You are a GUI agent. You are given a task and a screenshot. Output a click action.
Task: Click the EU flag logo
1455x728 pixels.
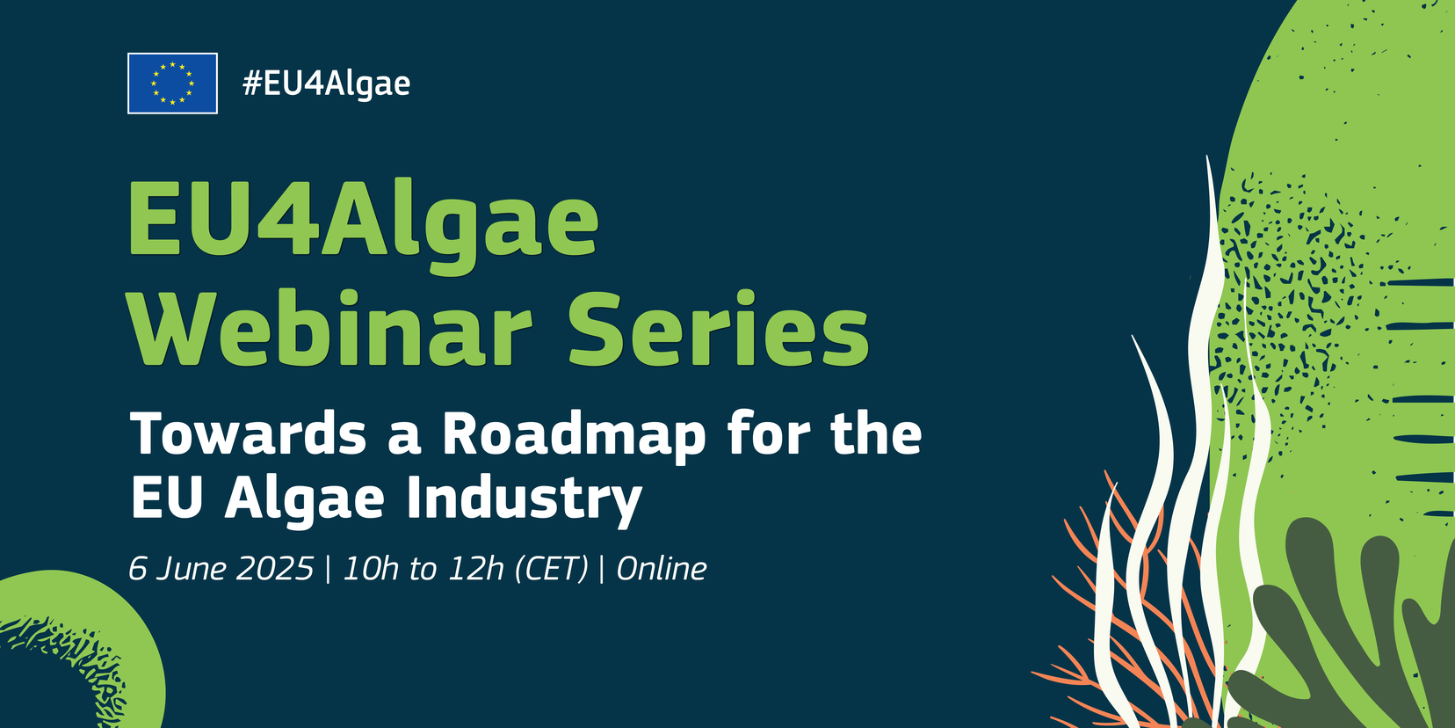tap(172, 84)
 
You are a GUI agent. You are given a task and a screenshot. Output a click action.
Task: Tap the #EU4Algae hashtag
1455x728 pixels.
tap(326, 84)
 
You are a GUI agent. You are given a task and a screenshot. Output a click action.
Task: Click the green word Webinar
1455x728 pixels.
tap(330, 329)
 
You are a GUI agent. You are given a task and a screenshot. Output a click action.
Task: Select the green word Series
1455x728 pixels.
tap(719, 329)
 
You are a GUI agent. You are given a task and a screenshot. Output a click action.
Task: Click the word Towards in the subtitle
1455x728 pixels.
tap(248, 433)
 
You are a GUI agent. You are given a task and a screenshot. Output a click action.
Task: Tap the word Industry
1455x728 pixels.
tap(525, 498)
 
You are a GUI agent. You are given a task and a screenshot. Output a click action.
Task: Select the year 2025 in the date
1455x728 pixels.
tap(275, 569)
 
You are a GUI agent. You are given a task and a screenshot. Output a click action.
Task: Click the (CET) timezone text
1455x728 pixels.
tap(552, 570)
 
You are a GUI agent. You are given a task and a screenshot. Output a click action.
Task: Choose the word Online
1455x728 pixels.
tap(662, 569)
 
